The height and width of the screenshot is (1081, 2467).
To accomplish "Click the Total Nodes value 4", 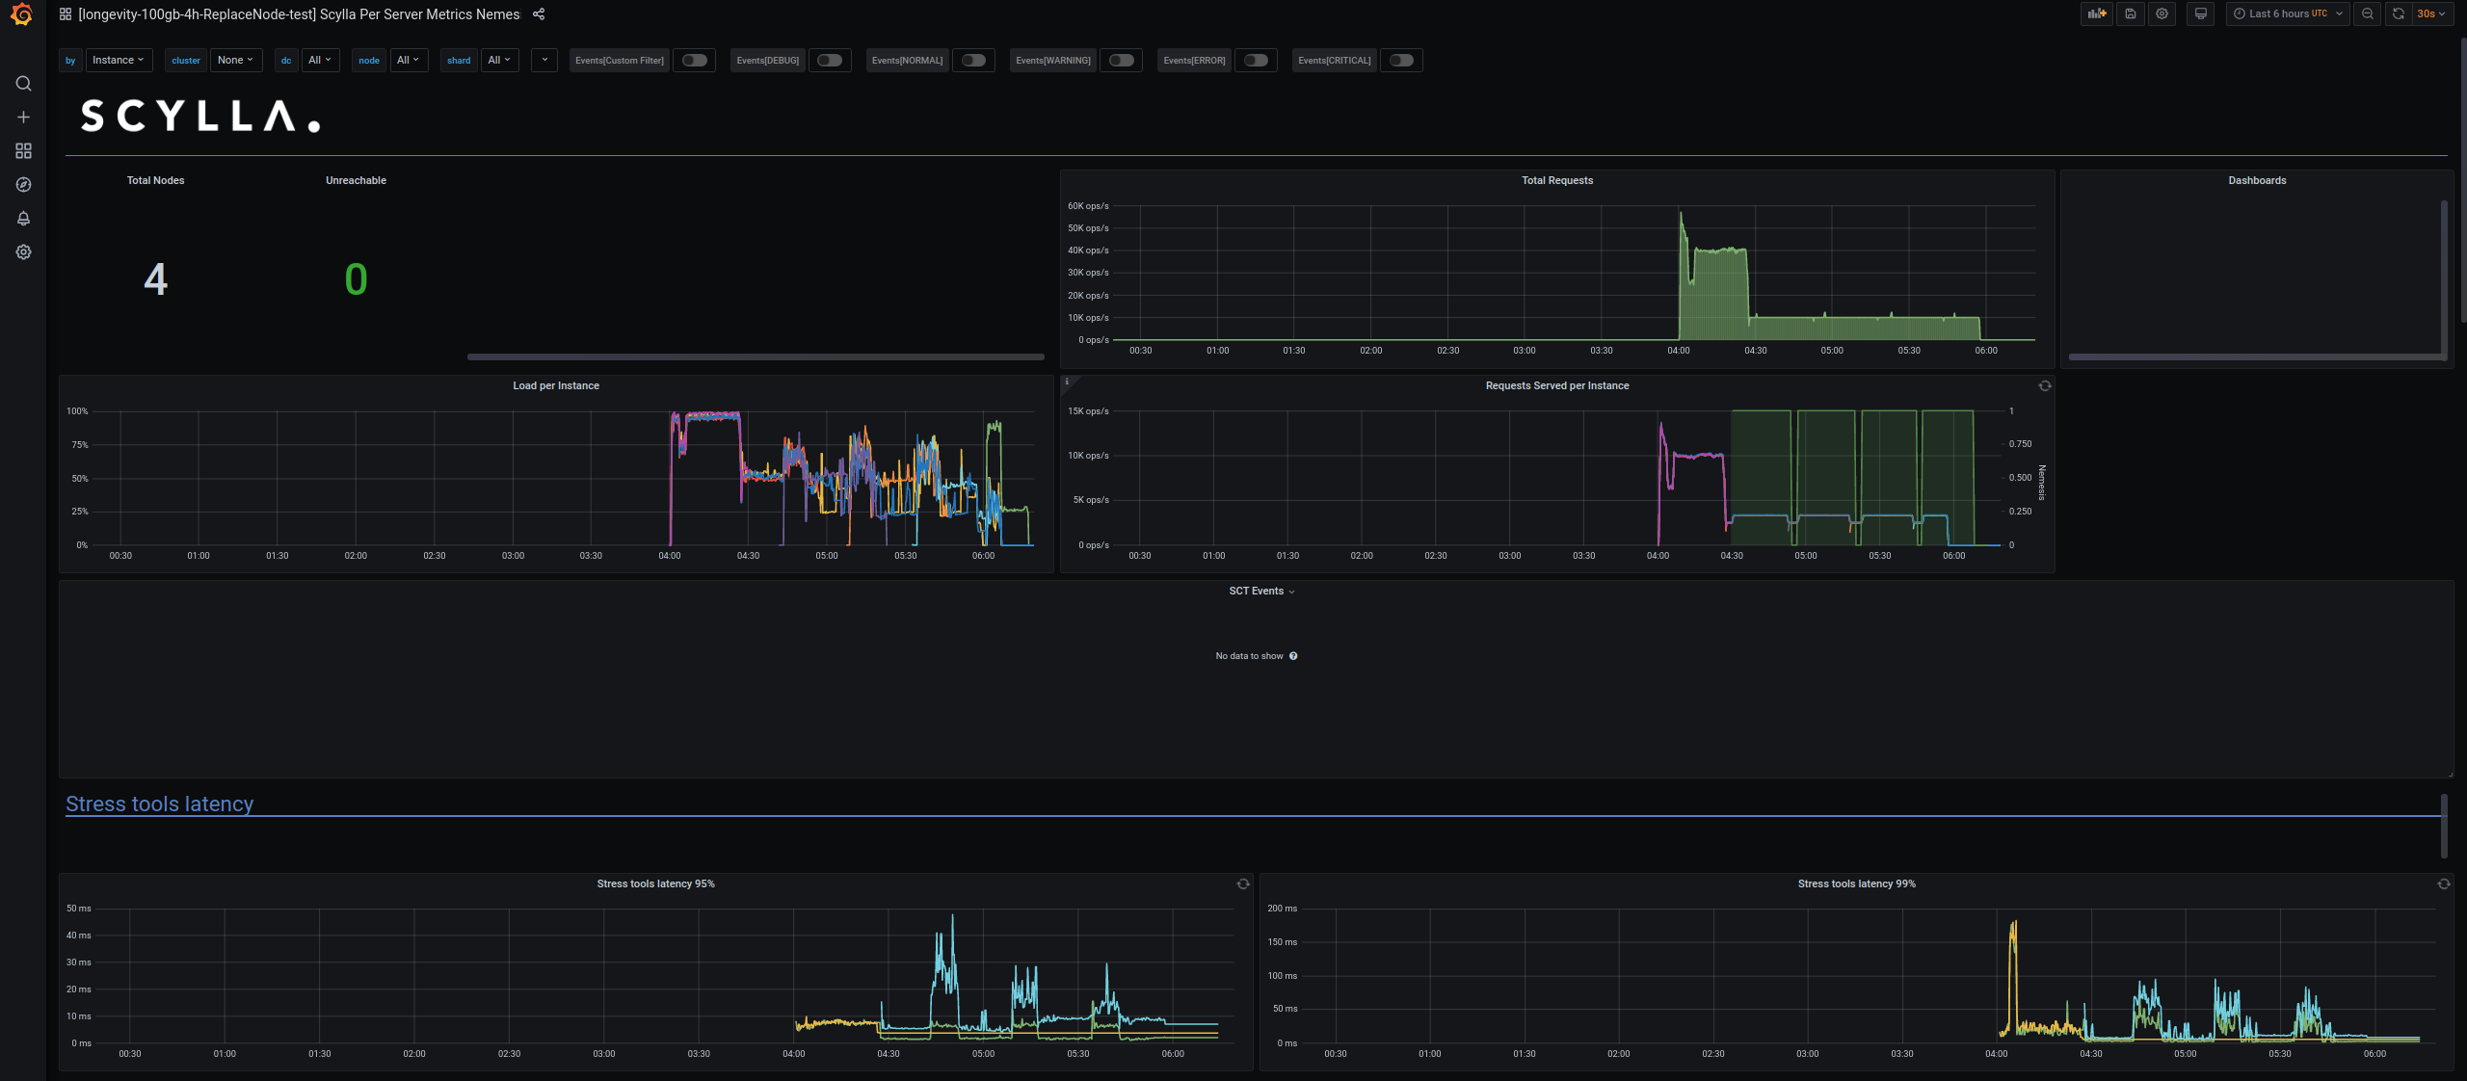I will (155, 279).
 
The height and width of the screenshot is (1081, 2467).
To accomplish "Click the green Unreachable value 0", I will (356, 279).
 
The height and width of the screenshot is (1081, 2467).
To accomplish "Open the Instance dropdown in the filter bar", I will (119, 61).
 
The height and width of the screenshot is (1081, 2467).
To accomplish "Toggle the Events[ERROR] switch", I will (1256, 61).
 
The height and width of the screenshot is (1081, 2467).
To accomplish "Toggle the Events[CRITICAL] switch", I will (1401, 61).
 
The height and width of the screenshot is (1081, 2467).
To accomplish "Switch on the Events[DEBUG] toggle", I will (829, 61).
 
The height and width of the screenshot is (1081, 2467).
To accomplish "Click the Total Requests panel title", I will (1556, 181).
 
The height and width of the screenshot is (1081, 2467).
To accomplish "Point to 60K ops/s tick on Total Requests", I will (1088, 206).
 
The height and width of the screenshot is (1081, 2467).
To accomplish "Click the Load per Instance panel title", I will (556, 386).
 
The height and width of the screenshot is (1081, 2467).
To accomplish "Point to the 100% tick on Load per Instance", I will (77, 411).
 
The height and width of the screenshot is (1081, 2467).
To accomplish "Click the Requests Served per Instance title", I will (1556, 386).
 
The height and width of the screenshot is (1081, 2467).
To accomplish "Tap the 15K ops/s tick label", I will (1088, 411).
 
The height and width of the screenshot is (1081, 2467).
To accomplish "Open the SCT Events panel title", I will (1256, 592).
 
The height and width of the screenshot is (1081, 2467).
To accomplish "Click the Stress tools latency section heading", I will (160, 804).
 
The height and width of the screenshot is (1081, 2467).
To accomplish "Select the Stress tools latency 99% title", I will (1856, 884).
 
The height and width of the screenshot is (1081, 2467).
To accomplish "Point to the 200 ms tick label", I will (1282, 909).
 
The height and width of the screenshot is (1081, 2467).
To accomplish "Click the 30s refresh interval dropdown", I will (2430, 14).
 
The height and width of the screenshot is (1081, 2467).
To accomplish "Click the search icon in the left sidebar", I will (24, 84).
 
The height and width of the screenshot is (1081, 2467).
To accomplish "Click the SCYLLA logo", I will (200, 117).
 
